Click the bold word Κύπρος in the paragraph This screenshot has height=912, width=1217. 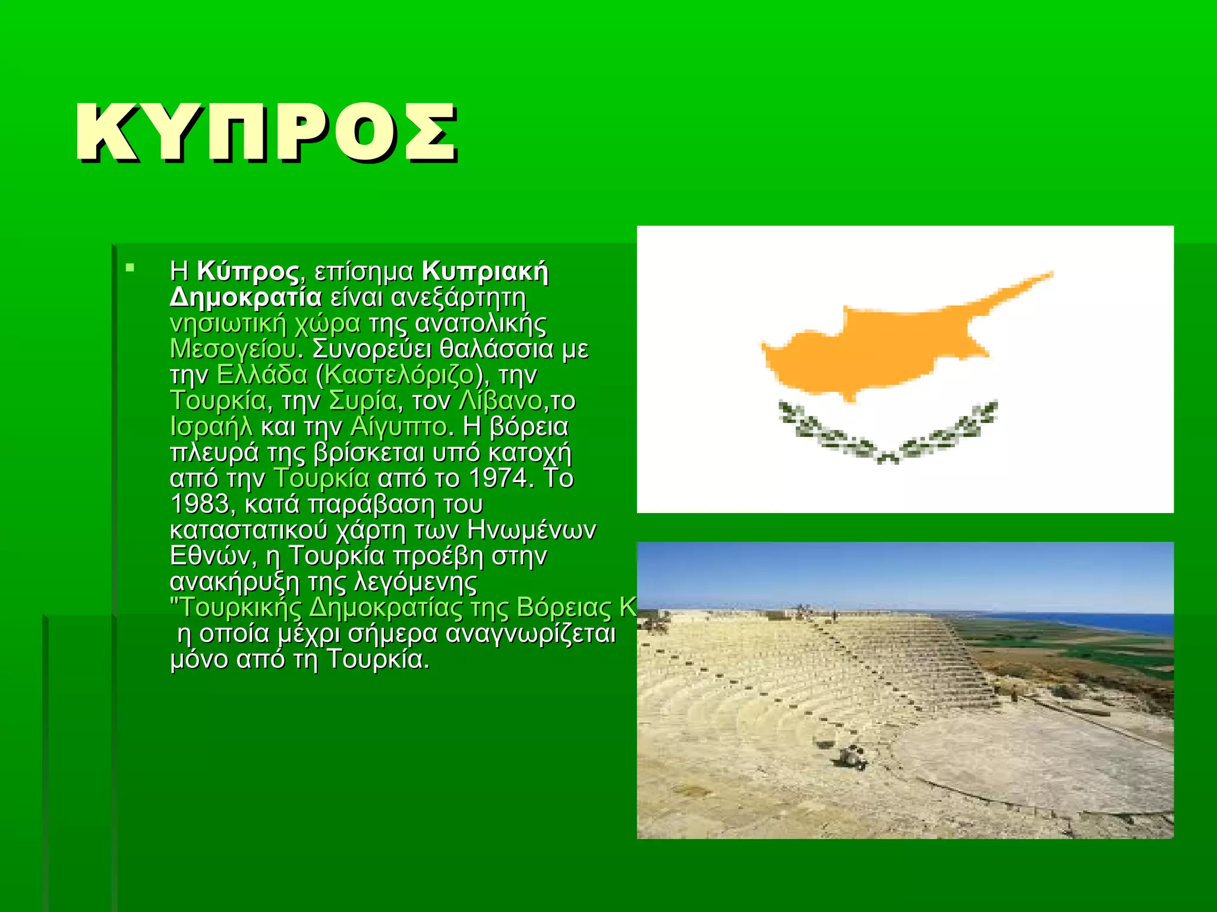click(x=248, y=271)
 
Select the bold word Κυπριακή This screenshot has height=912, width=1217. click(x=485, y=271)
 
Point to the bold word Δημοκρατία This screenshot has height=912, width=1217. click(x=245, y=297)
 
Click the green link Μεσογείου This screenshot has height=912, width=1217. click(x=233, y=349)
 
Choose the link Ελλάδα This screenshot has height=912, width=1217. click(x=262, y=375)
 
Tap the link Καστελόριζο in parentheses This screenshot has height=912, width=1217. click(x=399, y=375)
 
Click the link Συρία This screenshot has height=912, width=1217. click(x=362, y=401)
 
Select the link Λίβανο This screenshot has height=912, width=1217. click(x=500, y=401)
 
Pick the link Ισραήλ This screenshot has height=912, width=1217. click(x=211, y=426)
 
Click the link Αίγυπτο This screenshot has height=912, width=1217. click(x=398, y=426)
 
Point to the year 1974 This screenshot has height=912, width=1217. click(x=498, y=478)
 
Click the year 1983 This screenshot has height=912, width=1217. click(x=199, y=504)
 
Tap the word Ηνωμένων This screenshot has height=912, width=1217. click(x=531, y=530)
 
